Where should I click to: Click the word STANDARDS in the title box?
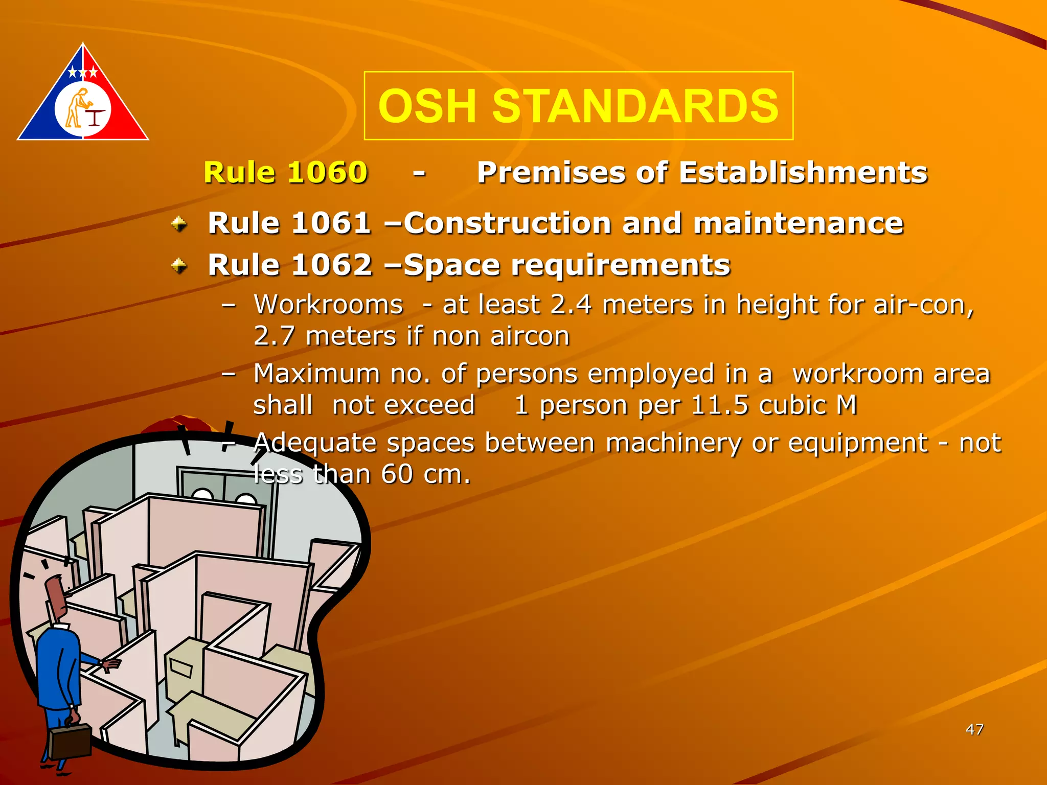(x=635, y=106)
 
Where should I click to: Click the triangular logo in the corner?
(x=83, y=97)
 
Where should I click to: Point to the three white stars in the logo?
(x=83, y=73)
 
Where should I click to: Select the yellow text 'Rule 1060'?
(x=285, y=172)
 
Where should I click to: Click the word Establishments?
(x=803, y=172)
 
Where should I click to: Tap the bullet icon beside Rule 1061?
(x=178, y=224)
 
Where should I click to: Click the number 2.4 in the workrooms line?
(x=571, y=305)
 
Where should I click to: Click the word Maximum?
(x=316, y=374)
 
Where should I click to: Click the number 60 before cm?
(x=397, y=474)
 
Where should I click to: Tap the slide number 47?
(x=974, y=729)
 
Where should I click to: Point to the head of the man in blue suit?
(x=56, y=598)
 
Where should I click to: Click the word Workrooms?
(x=328, y=305)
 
